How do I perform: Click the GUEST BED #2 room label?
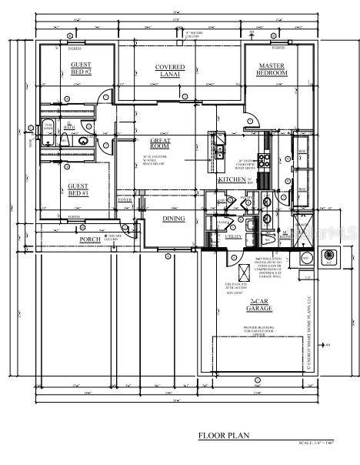[x=81, y=69]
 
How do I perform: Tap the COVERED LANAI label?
[x=170, y=71]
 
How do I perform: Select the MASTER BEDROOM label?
[x=272, y=69]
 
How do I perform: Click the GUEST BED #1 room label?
[x=78, y=189]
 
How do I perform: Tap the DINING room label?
[x=173, y=219]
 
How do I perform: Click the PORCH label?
[x=90, y=239]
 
